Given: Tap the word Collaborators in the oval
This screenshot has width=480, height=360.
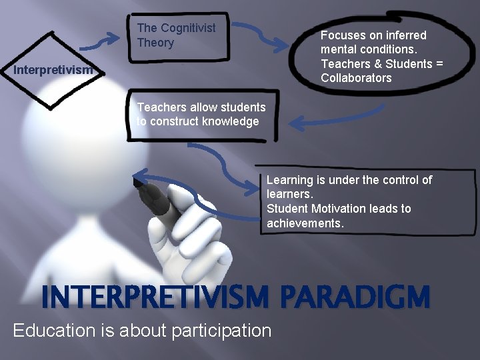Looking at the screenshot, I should point(356,78).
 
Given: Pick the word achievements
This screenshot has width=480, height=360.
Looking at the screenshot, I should point(305,223).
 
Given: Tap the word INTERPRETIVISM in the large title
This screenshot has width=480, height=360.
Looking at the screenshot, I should point(157,297).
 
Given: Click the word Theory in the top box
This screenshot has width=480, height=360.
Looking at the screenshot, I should point(155,43).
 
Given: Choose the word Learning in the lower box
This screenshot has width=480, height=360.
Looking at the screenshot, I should point(290,180).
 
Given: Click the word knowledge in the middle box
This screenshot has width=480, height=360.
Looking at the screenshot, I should point(233,121).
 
